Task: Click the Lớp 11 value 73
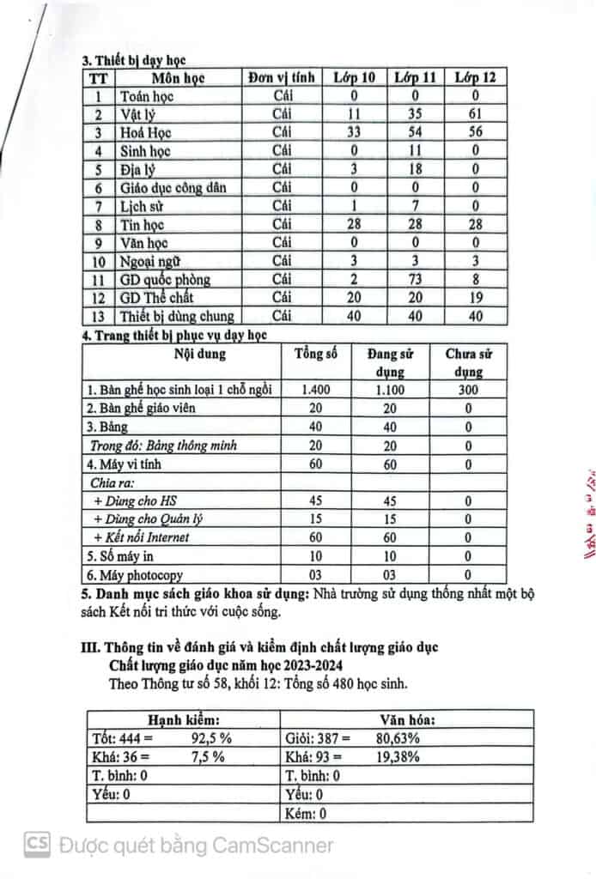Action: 415,280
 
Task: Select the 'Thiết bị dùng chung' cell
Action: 176,317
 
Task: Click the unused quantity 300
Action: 468,390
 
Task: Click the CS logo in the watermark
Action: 37,846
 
